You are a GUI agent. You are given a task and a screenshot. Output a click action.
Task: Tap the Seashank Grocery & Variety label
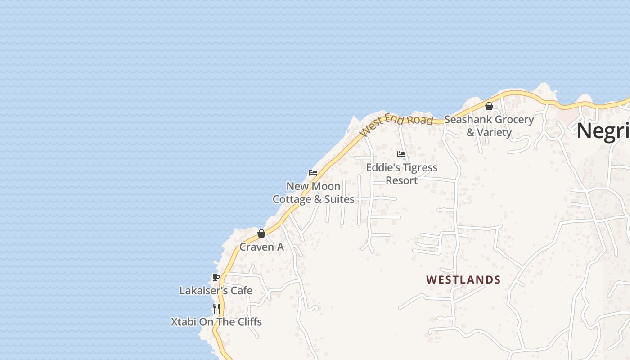[489, 126]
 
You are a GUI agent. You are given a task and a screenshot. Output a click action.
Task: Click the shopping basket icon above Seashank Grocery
[489, 107]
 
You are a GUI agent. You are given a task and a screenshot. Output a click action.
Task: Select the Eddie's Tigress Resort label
[401, 174]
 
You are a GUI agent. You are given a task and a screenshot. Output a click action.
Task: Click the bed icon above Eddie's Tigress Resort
[401, 154]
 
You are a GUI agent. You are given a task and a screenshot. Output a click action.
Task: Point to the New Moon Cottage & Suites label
[313, 193]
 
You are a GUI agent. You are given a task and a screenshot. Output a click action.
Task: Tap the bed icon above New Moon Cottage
[313, 173]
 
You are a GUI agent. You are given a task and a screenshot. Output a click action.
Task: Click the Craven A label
[261, 247]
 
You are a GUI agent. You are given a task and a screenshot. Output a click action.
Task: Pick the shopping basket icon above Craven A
[261, 234]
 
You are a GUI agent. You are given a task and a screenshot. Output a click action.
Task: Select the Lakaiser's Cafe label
[216, 291]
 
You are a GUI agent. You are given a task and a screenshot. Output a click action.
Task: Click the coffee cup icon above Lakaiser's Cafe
[216, 277]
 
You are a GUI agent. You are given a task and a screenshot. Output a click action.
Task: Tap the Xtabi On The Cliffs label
[216, 322]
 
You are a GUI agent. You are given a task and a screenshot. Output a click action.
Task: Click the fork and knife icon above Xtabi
[216, 309]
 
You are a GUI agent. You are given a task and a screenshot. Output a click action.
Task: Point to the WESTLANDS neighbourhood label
[463, 280]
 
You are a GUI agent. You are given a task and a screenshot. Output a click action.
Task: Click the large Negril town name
[603, 130]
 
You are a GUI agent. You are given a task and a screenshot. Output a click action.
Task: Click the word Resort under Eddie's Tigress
[402, 180]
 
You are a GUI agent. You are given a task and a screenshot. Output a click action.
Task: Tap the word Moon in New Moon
[323, 186]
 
